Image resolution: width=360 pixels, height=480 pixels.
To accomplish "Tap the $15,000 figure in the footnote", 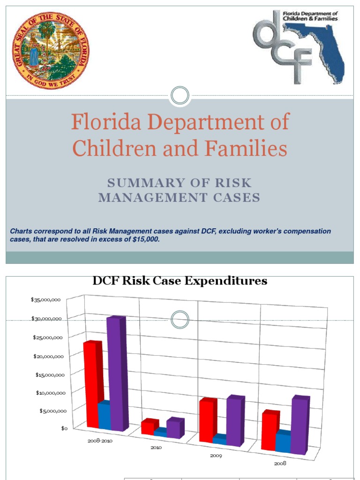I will click(146, 240).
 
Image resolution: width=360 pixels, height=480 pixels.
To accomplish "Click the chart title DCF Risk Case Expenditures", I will click(180, 281).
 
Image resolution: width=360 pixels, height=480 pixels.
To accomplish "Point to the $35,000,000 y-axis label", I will click(45, 300).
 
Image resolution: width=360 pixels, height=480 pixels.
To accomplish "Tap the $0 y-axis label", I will click(64, 428).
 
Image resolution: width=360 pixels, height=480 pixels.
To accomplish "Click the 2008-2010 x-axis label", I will click(100, 441).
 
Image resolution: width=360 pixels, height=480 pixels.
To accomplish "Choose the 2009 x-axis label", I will click(216, 456).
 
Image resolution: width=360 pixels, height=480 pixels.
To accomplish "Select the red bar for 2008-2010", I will click(91, 384).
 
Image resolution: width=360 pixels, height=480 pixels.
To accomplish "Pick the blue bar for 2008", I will click(283, 442).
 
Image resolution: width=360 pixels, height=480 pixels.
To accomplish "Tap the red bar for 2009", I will click(206, 420).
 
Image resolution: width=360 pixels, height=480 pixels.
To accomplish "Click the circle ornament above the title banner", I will click(180, 96).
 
